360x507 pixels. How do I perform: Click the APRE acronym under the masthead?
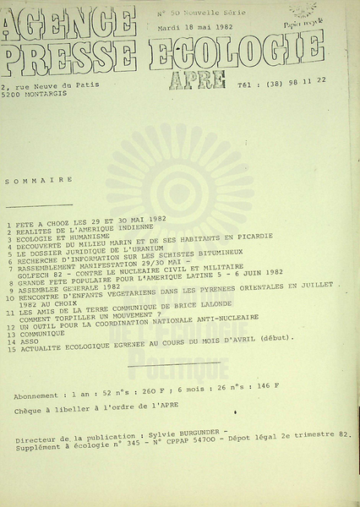[197, 79]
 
